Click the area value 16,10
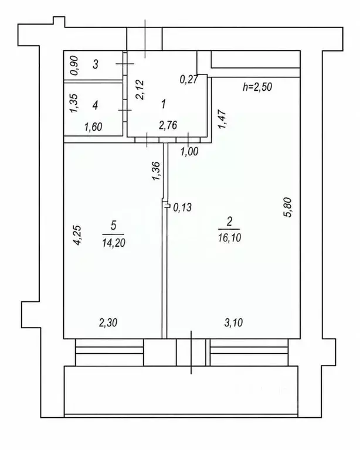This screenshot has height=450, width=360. click(x=229, y=238)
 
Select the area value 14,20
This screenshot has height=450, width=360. click(x=114, y=243)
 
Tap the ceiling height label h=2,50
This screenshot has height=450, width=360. click(x=257, y=87)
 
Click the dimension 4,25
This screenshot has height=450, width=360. click(x=77, y=236)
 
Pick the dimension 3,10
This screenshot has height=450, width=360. click(x=233, y=323)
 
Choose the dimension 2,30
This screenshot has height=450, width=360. click(x=108, y=323)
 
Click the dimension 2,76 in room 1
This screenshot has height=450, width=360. click(x=168, y=125)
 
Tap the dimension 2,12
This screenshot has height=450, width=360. click(x=140, y=90)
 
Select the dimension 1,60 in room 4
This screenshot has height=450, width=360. click(x=94, y=127)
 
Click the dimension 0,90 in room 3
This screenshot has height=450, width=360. click(x=74, y=66)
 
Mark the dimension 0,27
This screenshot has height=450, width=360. click(x=189, y=79)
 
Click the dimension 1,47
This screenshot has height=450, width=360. click(x=222, y=120)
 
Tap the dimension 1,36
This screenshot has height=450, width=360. click(x=156, y=171)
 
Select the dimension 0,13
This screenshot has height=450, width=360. click(x=182, y=207)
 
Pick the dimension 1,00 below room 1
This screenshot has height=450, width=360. click(x=189, y=151)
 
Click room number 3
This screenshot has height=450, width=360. click(x=96, y=64)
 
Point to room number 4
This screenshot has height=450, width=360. click(x=96, y=105)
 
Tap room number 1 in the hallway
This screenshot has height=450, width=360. click(x=164, y=104)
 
